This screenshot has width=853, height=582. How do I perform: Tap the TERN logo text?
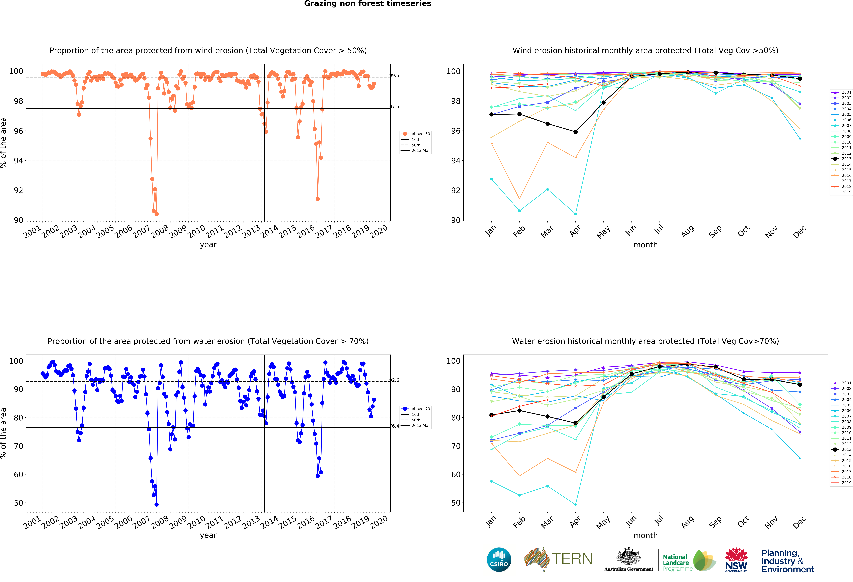(572, 559)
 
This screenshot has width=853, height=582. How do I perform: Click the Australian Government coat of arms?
(629, 557)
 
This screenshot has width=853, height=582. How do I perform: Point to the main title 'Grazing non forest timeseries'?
(367, 4)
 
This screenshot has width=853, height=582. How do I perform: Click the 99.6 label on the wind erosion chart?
(394, 76)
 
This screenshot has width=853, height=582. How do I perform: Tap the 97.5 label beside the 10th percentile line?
(394, 107)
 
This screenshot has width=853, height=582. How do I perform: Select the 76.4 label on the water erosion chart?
(394, 426)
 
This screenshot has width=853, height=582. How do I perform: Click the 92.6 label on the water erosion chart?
(394, 380)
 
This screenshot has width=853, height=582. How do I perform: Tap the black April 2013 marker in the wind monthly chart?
(576, 132)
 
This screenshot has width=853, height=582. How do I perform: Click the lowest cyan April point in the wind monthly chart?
(576, 214)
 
